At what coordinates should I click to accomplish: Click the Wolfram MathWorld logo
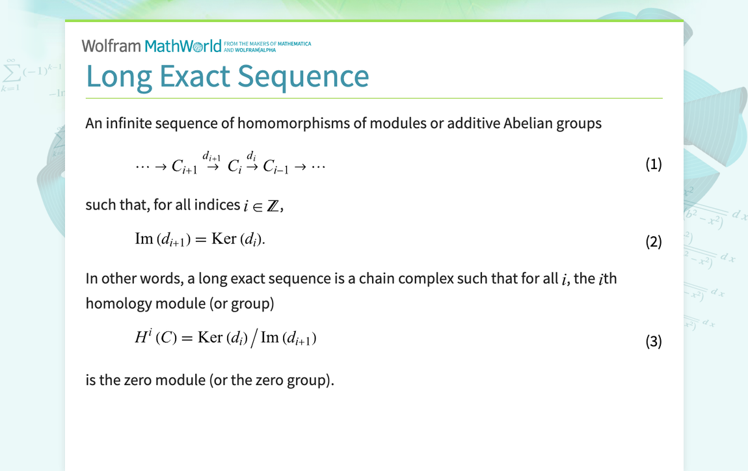[151, 46]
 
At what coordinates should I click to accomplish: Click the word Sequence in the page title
[302, 76]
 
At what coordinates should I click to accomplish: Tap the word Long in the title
[119, 76]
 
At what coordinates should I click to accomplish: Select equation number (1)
[653, 164]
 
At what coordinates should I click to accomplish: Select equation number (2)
[653, 242]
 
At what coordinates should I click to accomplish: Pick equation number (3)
[653, 341]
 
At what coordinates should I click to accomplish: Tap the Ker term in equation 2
[224, 239]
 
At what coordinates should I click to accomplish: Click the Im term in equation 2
[143, 239]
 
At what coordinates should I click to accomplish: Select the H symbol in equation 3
[141, 338]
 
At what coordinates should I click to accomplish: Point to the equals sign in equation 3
[187, 338]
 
